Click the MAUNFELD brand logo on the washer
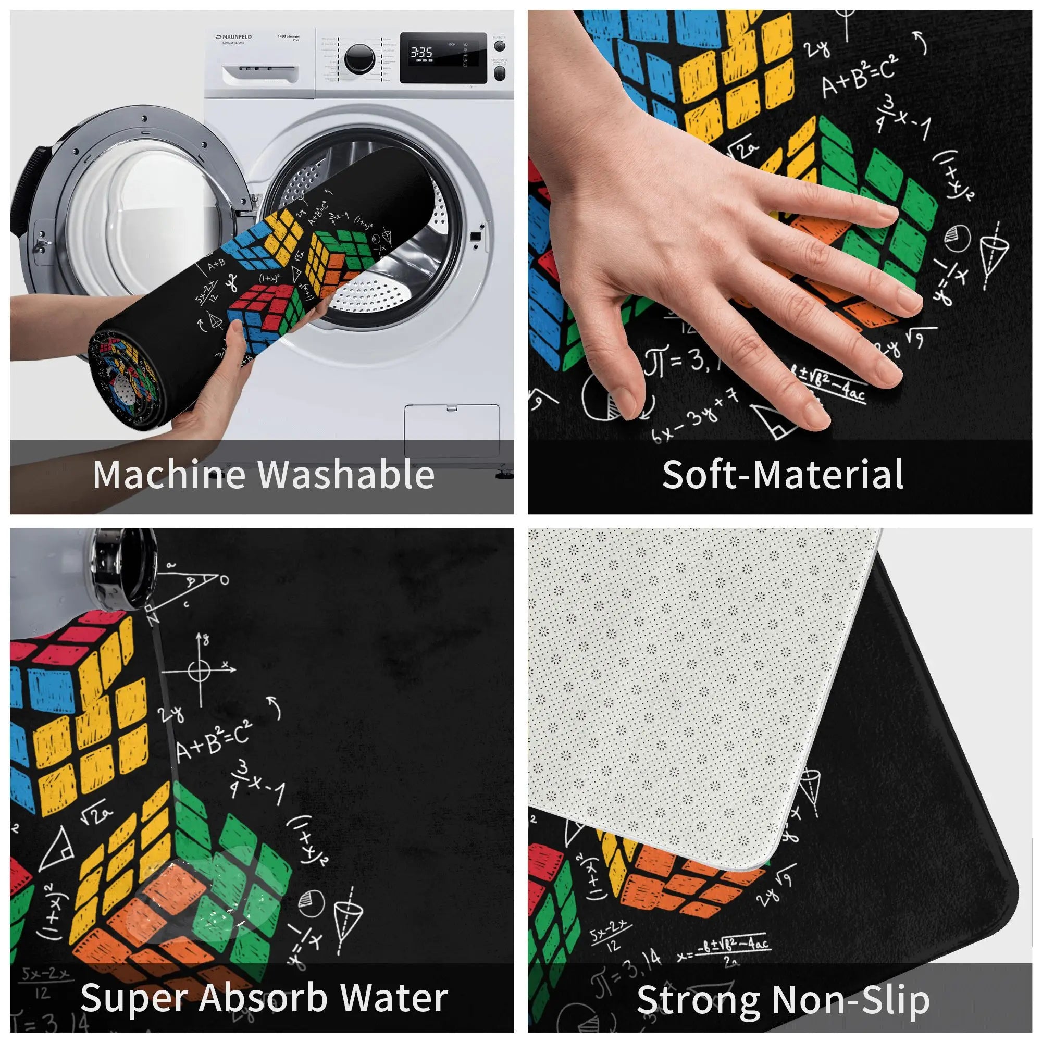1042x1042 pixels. [x=233, y=37]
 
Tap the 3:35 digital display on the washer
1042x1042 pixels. [x=421, y=52]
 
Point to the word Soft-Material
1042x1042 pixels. [x=783, y=475]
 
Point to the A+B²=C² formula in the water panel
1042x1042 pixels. [x=214, y=741]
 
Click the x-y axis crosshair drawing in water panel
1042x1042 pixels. [x=200, y=671]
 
